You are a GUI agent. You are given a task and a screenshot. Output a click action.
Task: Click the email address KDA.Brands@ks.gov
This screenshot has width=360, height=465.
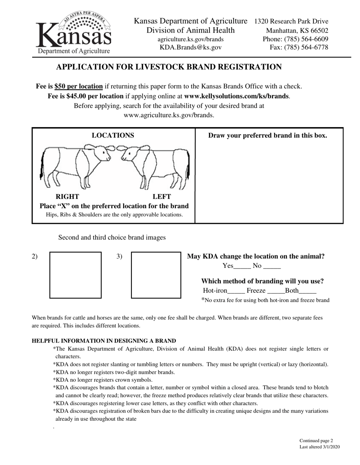coord(191,47)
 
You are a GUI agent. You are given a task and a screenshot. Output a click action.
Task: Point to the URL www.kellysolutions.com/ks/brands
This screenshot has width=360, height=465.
coord(236,96)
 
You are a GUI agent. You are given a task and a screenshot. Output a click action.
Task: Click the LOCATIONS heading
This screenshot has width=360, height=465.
coord(113,135)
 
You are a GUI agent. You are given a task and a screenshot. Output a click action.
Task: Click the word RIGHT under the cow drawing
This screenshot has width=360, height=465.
coord(67,196)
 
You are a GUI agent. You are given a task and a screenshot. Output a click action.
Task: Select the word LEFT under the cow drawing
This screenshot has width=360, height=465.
coord(161,196)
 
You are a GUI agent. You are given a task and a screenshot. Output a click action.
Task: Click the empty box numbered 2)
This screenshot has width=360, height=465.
coord(75,275)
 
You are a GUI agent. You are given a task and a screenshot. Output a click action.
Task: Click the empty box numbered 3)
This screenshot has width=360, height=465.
coord(156,275)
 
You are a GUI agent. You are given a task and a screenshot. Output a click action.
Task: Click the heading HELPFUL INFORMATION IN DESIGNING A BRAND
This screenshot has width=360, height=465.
coord(104,341)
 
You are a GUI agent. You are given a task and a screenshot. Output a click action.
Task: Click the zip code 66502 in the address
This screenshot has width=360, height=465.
coord(318,31)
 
